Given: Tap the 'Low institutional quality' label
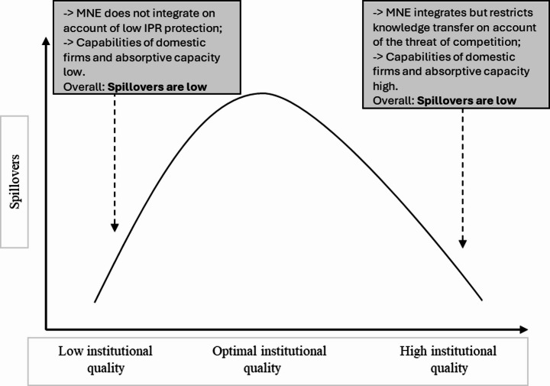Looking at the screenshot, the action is click(x=105, y=359).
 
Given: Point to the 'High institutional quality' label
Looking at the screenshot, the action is click(x=448, y=359).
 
